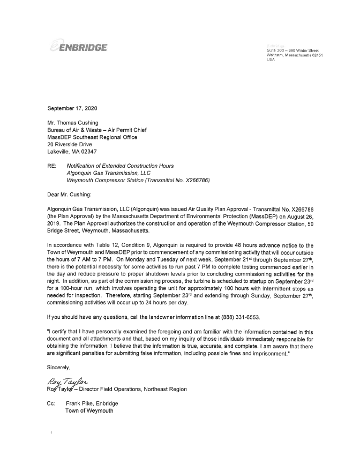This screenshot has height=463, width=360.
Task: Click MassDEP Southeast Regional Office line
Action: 93,137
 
